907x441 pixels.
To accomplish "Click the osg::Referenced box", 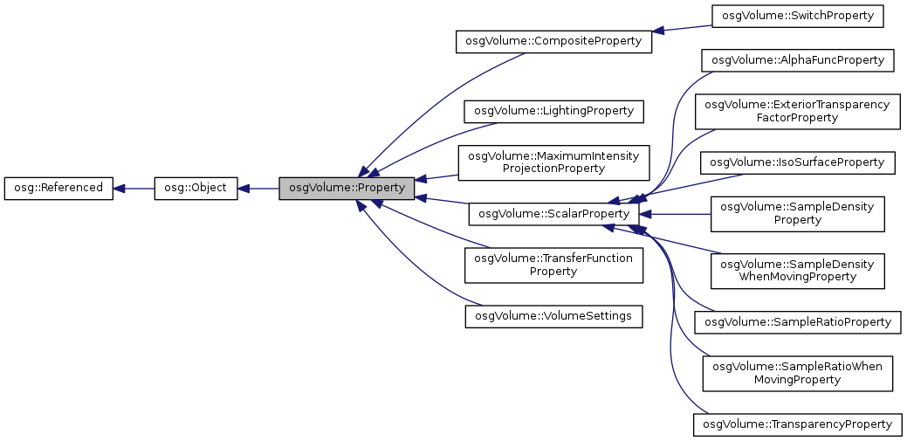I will (58, 188).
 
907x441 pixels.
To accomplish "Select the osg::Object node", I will (196, 188).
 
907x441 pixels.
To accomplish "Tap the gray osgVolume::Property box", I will (346, 188).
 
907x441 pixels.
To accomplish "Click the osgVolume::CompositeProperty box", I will (553, 41).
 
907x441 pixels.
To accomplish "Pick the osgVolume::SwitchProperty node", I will (798, 16).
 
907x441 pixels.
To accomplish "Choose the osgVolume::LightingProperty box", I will (553, 112).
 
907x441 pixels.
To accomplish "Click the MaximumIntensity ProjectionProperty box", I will (553, 162).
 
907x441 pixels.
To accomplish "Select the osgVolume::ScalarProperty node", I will (553, 213).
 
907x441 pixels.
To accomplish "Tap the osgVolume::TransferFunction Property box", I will (553, 265).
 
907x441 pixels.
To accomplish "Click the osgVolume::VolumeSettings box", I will (553, 315).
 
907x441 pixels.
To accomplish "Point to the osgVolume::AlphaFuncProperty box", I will (798, 60).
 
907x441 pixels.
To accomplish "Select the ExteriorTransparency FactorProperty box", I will (797, 111).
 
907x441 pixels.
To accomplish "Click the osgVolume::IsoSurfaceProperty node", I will (798, 162).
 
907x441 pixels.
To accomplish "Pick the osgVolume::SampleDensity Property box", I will (798, 213).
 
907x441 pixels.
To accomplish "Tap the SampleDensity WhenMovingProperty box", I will (798, 271).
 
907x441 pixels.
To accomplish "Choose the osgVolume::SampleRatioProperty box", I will (798, 322).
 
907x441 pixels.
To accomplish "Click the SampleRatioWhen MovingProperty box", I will (798, 373).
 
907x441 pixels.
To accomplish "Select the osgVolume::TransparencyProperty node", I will (798, 424).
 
